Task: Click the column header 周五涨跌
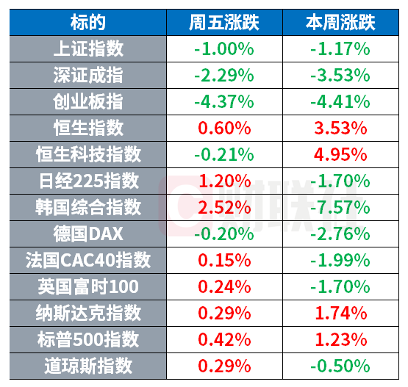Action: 224,22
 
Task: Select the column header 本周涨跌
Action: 340,22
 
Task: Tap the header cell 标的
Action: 88,22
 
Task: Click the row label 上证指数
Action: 88,49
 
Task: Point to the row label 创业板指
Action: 88,101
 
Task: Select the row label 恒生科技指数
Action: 88,155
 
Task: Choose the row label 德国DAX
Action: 88,234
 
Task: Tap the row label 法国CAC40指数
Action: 88,260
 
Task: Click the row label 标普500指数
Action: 88,339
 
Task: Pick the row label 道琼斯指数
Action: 88,366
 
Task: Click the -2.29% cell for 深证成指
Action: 224,76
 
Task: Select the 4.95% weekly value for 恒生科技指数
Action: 340,155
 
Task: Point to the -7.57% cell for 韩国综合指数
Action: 340,207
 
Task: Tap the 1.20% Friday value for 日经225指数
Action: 224,181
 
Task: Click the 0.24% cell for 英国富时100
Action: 224,286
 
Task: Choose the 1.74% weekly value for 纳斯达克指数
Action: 341,313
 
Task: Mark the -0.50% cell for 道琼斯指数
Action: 340,366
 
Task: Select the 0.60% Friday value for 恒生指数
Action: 224,128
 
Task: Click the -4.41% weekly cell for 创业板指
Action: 340,101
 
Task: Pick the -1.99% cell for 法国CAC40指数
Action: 340,260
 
